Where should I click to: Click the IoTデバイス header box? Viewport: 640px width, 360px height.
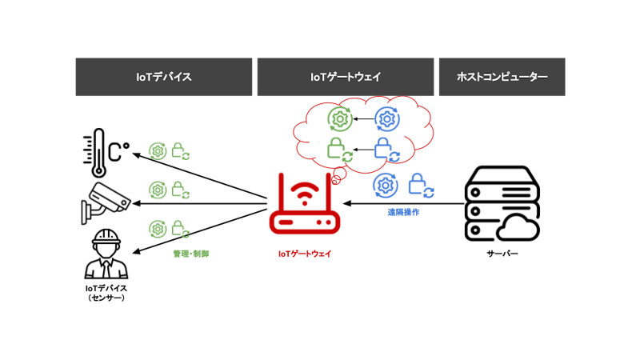[164, 77]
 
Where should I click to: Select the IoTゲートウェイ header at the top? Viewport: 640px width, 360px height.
[346, 77]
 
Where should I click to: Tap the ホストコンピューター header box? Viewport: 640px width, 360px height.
[502, 77]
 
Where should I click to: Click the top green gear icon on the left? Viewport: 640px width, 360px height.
[158, 151]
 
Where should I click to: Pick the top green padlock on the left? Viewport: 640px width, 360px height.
[179, 151]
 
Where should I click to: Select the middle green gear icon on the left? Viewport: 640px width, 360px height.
[158, 190]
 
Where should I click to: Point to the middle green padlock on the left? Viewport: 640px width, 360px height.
[179, 190]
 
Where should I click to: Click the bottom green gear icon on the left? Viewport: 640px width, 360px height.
[158, 229]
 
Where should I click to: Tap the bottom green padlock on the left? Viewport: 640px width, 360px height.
[179, 229]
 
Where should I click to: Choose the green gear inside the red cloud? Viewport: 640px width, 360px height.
[340, 119]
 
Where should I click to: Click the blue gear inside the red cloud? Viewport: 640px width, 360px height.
[388, 119]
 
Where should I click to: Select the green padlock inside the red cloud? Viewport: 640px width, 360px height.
[339, 149]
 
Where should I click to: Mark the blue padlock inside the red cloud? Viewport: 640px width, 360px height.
[386, 149]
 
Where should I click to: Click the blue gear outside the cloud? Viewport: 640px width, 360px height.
[386, 185]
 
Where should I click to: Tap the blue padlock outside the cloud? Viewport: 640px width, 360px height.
[419, 185]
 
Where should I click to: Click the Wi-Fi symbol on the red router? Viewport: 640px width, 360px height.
[304, 193]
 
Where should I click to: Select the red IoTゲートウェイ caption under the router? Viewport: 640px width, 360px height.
[304, 254]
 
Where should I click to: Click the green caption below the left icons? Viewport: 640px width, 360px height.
[190, 254]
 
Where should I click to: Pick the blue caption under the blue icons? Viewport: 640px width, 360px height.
[403, 213]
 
